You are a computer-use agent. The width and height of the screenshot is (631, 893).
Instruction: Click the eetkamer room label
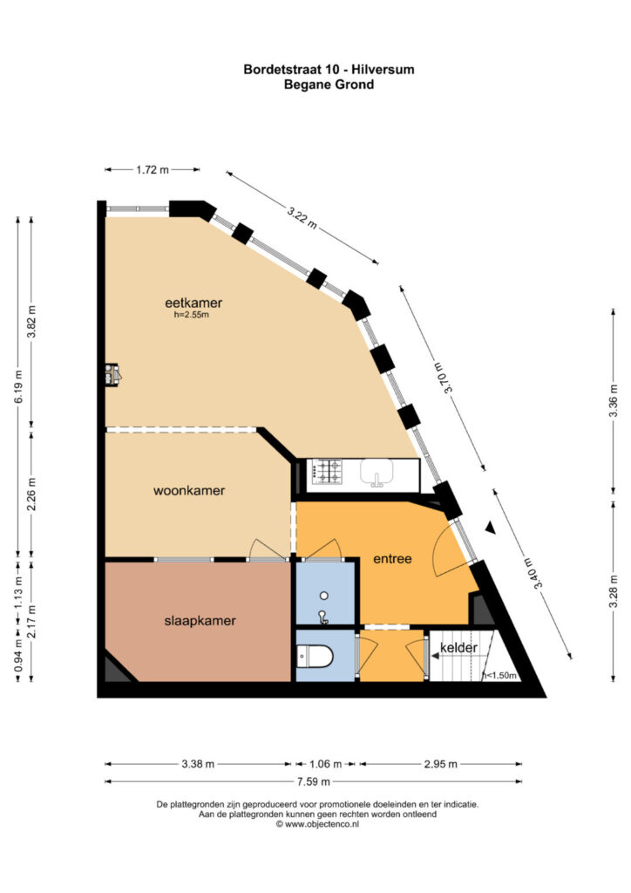coord(193,303)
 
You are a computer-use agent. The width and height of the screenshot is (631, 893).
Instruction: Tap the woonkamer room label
coord(189,490)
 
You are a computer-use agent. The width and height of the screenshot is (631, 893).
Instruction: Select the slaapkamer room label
coord(200,621)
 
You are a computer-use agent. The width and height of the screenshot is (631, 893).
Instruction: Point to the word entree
coord(392,559)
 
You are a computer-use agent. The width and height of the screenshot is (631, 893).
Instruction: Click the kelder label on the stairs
coord(458,648)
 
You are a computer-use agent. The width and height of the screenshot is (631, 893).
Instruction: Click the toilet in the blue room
coord(314,656)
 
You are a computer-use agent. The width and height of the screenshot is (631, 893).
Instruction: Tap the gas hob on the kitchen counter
coord(326,472)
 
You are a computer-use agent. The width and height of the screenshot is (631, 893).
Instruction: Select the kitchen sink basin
coord(377,473)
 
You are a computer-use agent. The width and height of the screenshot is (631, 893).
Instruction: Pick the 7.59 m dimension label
coord(314,781)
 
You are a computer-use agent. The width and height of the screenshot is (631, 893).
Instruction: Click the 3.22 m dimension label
coord(302,217)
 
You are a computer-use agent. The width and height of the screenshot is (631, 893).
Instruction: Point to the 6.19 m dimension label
coord(19,386)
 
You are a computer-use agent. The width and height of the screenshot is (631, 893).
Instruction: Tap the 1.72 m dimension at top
coord(153,169)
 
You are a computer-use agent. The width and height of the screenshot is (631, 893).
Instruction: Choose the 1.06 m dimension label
coord(325,764)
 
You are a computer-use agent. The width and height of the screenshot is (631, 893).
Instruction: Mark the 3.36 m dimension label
coord(613,401)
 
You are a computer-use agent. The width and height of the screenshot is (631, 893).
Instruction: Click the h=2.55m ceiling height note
coord(191,314)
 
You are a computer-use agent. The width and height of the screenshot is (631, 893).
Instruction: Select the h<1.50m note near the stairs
coord(499,676)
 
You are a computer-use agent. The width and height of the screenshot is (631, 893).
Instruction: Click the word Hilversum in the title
coord(383,70)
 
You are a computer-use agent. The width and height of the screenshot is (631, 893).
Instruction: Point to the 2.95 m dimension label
coord(440,764)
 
